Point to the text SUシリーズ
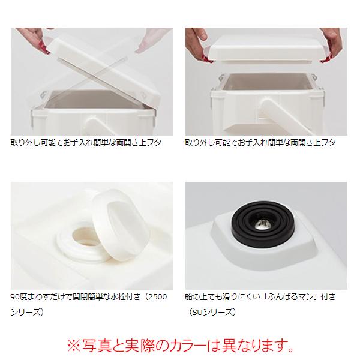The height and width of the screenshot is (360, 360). (213, 312)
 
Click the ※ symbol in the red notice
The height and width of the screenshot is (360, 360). (74, 346)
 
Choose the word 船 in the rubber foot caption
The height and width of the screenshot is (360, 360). (190, 297)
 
